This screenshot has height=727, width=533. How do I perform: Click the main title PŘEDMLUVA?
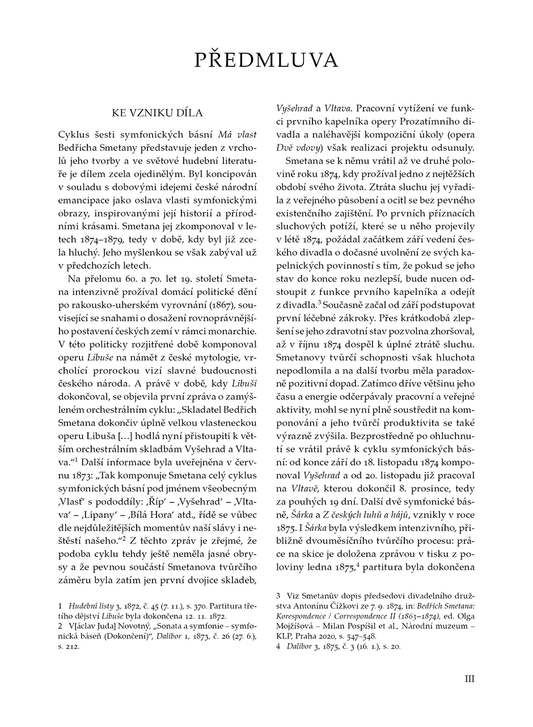tap(266, 60)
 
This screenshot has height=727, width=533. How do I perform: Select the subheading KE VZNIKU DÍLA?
tap(157, 113)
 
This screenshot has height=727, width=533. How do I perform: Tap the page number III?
tap(469, 678)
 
